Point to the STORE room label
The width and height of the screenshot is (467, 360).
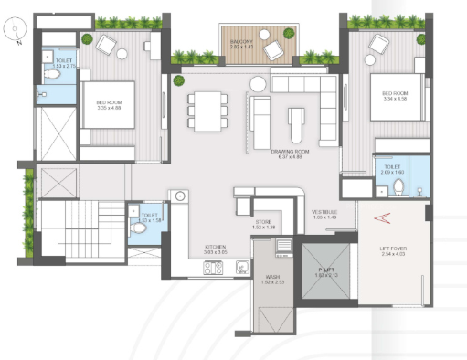263,223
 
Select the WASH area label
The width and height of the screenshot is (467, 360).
273,279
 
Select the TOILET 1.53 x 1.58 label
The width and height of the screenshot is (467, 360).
150,217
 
